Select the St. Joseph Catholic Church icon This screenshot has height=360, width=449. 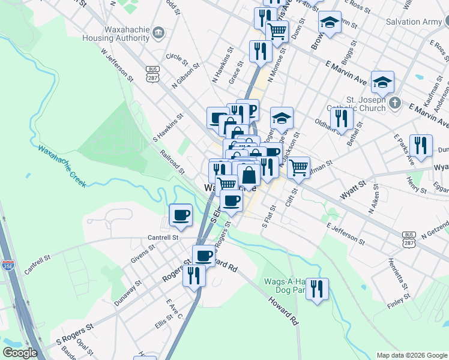pyautogui.click(x=394, y=103)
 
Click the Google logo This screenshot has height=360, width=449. pyautogui.click(x=20, y=353)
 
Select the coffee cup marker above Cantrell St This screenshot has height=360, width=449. pyautogui.click(x=181, y=214)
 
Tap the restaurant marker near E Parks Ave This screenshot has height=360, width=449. pyautogui.click(x=421, y=145)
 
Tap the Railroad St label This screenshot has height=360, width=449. pyautogui.click(x=173, y=161)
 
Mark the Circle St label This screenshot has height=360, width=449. pyautogui.click(x=178, y=58)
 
